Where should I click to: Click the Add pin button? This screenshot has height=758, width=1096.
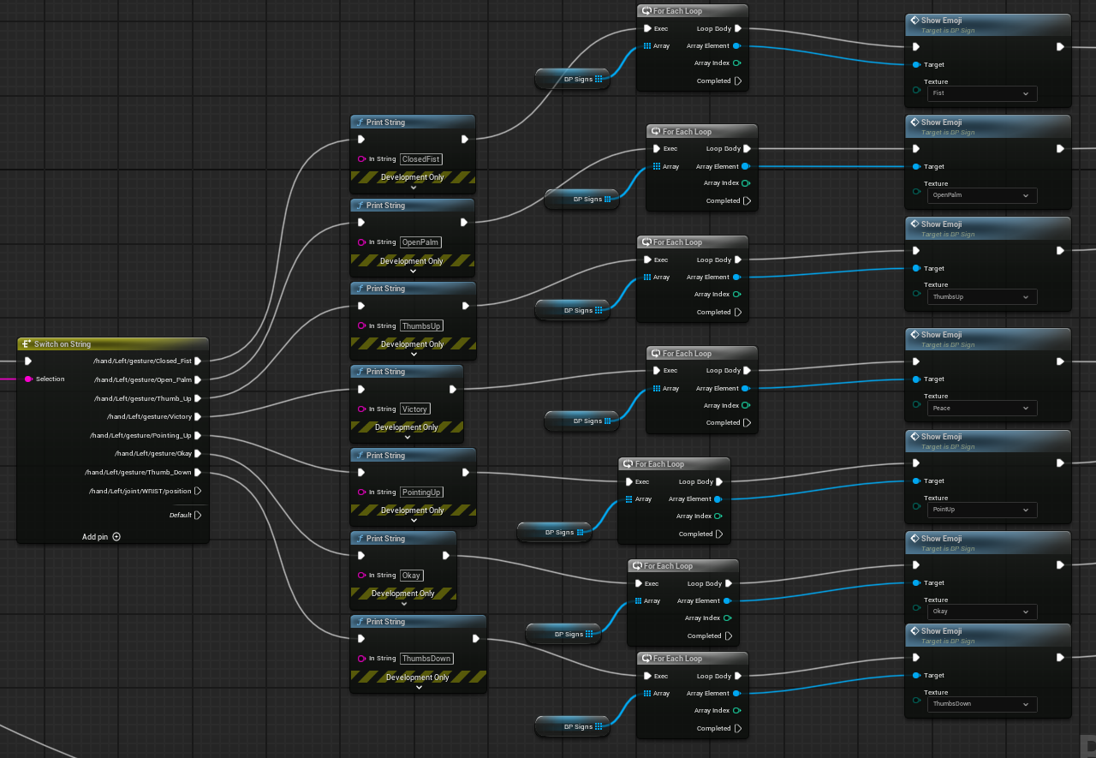101,537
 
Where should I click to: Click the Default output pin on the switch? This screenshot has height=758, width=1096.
181,516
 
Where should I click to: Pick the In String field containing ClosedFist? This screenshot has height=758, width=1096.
420,159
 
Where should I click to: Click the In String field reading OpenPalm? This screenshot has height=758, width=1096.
420,242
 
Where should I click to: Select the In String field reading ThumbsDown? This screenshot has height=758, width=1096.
426,659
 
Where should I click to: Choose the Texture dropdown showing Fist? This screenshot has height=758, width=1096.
982,93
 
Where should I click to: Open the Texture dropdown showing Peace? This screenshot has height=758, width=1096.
982,409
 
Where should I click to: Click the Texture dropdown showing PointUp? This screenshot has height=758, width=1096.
982,510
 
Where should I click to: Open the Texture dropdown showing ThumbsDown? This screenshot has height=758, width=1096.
982,705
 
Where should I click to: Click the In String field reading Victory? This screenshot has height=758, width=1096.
415,409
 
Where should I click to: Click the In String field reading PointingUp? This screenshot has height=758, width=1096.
421,492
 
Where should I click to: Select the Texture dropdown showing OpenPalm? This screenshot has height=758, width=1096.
982,196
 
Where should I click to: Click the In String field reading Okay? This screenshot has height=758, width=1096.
411,576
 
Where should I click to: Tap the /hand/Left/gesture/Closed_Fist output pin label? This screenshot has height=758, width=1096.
142,361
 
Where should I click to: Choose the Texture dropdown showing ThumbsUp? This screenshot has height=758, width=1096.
982,297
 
